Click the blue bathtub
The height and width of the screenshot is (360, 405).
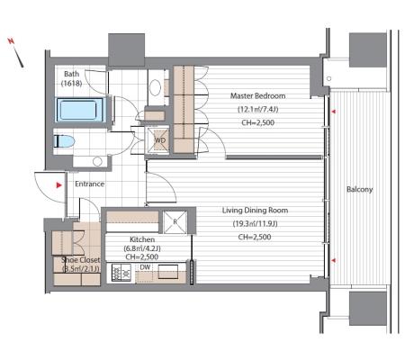(80, 110)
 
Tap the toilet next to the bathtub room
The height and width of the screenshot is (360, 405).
(64, 141)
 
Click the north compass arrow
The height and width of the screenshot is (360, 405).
(16, 52)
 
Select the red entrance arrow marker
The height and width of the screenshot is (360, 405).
(58, 185)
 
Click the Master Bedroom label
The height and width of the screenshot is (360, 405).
(257, 96)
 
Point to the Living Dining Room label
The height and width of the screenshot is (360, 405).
(255, 211)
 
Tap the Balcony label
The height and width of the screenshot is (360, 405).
(359, 189)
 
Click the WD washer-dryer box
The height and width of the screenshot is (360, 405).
(159, 140)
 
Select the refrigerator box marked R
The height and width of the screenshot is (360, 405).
(175, 222)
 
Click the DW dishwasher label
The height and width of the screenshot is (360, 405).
(145, 267)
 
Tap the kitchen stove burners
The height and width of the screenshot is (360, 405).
(121, 273)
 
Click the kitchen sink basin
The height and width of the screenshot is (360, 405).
(168, 272)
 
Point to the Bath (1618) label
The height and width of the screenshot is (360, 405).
(72, 78)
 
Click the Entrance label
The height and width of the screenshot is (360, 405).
(89, 184)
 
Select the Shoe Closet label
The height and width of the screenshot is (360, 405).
(80, 260)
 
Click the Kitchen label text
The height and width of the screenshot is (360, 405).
(142, 239)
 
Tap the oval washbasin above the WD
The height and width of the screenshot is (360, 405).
(155, 87)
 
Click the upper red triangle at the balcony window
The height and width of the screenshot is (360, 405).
(333, 112)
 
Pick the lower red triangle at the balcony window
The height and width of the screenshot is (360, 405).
(333, 261)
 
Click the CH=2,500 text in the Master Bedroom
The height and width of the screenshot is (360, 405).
(257, 122)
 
